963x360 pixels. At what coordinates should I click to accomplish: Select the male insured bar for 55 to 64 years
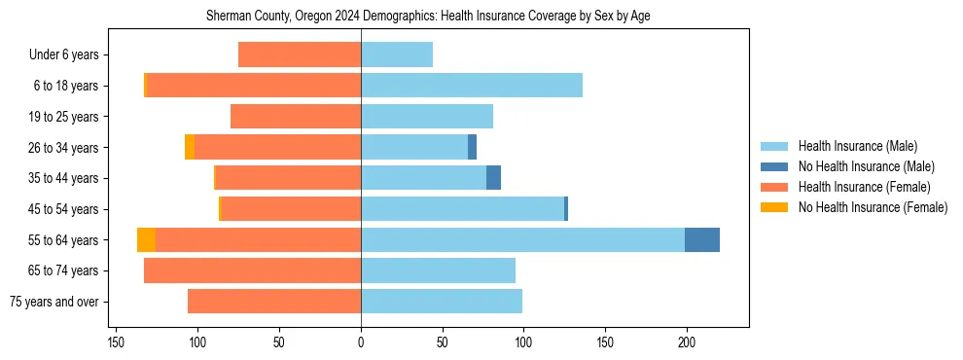pyautogui.click(x=522, y=239)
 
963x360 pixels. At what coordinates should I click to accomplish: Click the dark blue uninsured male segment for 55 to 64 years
pyautogui.click(x=702, y=239)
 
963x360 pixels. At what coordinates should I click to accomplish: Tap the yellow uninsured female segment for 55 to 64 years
pyautogui.click(x=146, y=239)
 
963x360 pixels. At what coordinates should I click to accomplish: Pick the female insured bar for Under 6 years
pyautogui.click(x=300, y=54)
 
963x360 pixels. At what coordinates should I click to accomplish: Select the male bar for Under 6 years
pyautogui.click(x=397, y=54)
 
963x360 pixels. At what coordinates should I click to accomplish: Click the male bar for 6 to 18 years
pyautogui.click(x=472, y=86)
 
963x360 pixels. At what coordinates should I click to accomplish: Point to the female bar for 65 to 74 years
pyautogui.click(x=245, y=270)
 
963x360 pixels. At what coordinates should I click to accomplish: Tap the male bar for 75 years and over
pyautogui.click(x=442, y=302)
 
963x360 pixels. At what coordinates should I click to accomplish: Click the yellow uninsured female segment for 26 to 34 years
pyautogui.click(x=190, y=147)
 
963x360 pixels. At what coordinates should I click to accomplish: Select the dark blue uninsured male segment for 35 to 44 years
pyautogui.click(x=493, y=178)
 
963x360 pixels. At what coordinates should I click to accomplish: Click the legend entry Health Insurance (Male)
pyautogui.click(x=857, y=146)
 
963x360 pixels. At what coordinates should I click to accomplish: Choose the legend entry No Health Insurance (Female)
pyautogui.click(x=873, y=207)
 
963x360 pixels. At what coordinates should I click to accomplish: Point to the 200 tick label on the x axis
pyautogui.click(x=686, y=342)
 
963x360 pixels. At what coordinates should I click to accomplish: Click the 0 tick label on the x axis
pyautogui.click(x=361, y=342)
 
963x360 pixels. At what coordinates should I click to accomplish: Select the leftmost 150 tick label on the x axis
pyautogui.click(x=116, y=342)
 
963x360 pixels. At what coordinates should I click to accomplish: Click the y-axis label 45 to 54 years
pyautogui.click(x=66, y=209)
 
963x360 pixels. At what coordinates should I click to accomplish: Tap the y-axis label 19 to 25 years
pyautogui.click(x=66, y=117)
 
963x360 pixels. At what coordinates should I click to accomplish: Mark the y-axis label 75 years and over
pyautogui.click(x=54, y=302)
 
